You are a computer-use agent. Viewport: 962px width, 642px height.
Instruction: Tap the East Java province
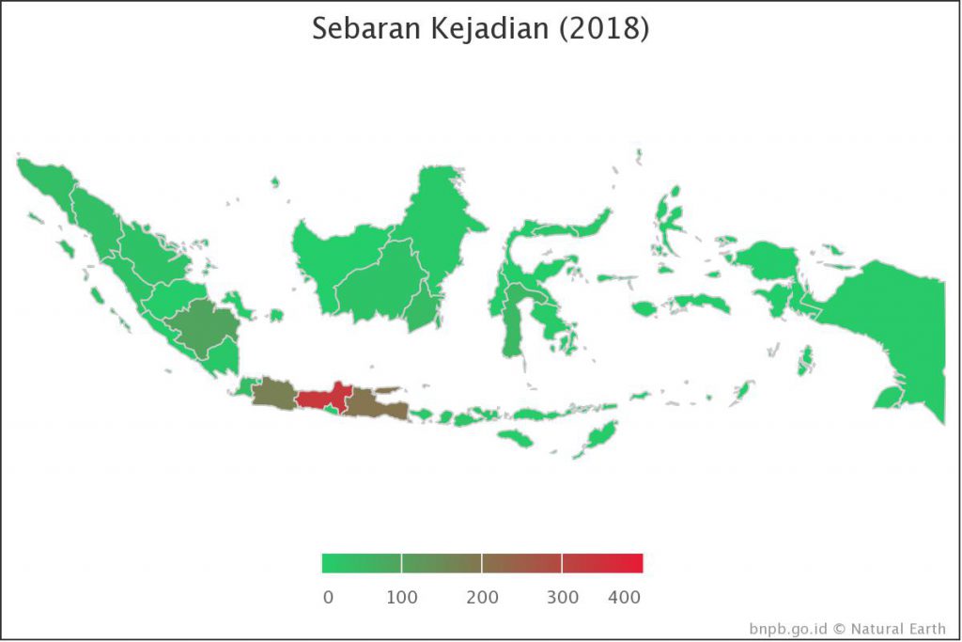pos(377,404)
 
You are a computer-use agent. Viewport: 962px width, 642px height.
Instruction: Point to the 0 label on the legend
pos(327,597)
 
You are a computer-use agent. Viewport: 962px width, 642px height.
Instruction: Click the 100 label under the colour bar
pos(402,597)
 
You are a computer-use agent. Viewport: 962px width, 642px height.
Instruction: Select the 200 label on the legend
pos(482,597)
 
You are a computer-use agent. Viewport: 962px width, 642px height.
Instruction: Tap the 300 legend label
pos(563,597)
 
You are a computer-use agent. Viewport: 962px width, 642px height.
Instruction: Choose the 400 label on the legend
pos(624,597)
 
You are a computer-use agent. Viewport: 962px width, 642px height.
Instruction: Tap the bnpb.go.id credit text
pos(789,628)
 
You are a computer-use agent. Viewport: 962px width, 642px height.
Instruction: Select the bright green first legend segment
pos(362,563)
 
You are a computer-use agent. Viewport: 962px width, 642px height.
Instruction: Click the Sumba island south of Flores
pos(515,438)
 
